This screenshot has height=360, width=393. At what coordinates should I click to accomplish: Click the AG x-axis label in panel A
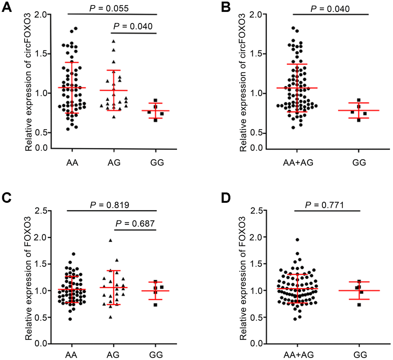tap(114, 162)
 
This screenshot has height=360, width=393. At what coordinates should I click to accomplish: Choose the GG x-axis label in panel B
tap(359, 162)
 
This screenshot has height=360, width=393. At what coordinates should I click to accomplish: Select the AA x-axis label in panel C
tap(72, 354)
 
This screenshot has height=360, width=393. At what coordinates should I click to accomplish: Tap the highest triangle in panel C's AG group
tap(111, 241)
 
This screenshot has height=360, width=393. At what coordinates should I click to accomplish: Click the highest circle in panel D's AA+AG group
tap(297, 240)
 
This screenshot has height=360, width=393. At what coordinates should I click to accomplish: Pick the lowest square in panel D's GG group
tap(359, 304)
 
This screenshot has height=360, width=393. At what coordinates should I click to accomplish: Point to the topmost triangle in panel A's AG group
tap(114, 41)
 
